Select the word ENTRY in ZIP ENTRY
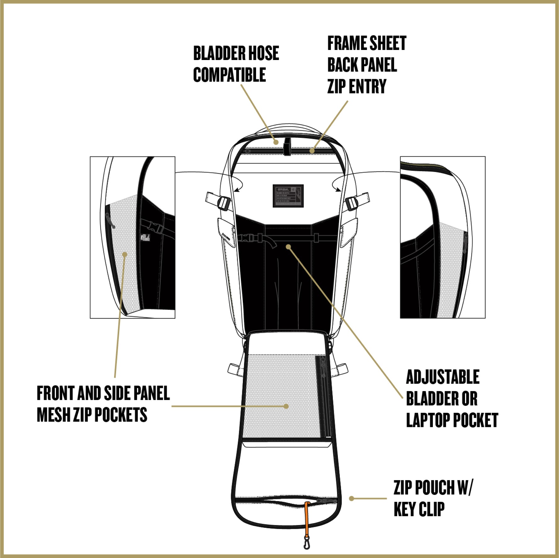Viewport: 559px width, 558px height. click(x=367, y=86)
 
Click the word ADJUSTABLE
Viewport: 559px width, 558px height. click(x=443, y=377)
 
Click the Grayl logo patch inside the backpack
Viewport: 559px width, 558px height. click(x=288, y=196)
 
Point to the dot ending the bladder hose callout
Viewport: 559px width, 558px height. click(x=276, y=142)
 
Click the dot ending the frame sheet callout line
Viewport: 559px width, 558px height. click(x=312, y=151)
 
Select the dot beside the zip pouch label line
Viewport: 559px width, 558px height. click(x=352, y=498)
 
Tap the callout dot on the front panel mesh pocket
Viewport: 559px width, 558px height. click(x=286, y=406)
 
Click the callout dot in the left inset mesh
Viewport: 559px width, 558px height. click(x=125, y=254)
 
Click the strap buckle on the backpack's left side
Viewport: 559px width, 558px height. click(x=224, y=203)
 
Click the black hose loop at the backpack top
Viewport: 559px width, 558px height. click(x=287, y=146)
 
